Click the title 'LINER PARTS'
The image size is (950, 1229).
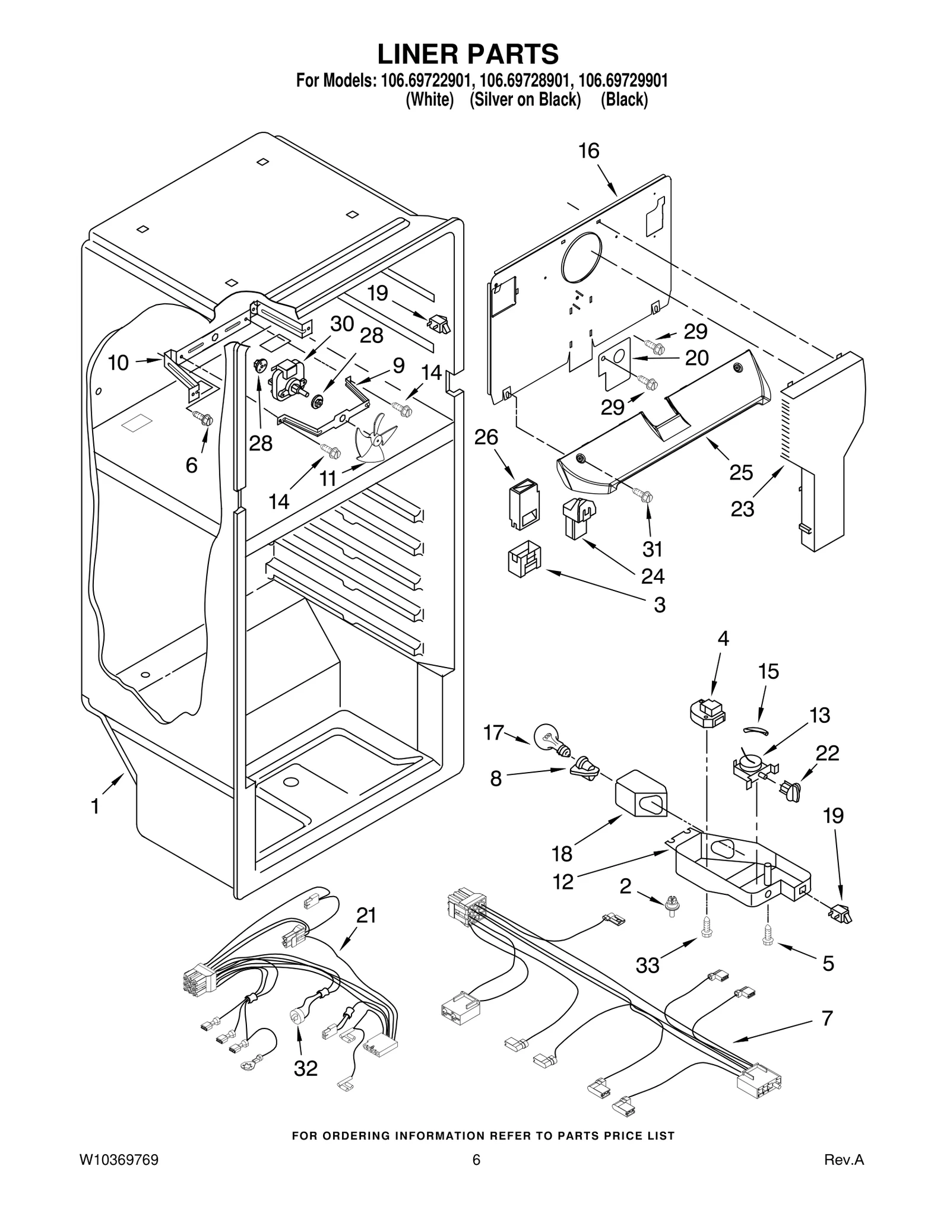[x=468, y=54]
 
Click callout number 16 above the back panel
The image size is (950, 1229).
[x=589, y=151]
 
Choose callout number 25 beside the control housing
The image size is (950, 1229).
[x=741, y=472]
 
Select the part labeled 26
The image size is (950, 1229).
[x=523, y=504]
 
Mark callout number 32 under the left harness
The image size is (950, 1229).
[x=306, y=1068]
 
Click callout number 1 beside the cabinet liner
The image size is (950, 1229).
[x=95, y=807]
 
